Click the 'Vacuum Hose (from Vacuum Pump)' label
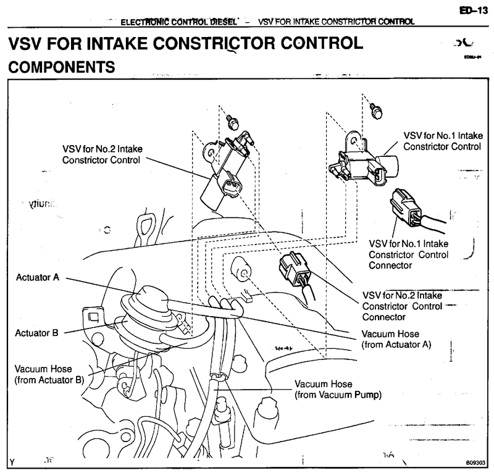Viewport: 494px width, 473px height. point(338,388)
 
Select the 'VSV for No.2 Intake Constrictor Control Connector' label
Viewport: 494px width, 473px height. point(396,306)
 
